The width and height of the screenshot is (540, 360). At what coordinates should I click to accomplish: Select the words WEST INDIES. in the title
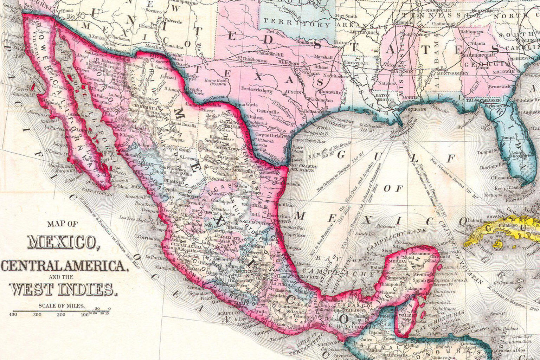pos(63,289)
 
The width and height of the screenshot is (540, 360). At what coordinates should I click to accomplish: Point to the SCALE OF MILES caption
pos(62,306)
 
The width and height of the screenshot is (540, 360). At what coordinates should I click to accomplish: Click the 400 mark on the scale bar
pos(13,314)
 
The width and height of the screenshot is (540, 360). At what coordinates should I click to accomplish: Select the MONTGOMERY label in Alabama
pos(453,73)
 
